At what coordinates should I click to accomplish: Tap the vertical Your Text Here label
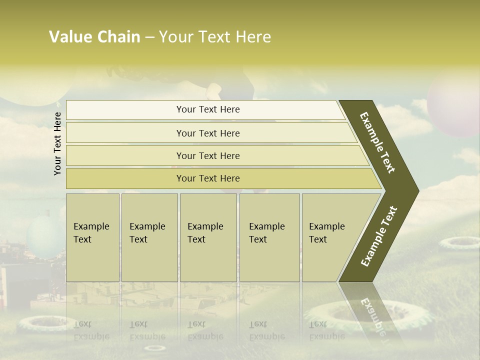click(x=57, y=143)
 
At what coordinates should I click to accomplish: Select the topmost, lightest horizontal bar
click(x=207, y=109)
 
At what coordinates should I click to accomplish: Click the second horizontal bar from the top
click(x=207, y=133)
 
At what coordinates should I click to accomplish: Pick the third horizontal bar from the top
click(x=207, y=155)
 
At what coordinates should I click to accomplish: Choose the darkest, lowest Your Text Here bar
click(x=207, y=178)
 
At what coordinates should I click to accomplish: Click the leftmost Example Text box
click(x=92, y=237)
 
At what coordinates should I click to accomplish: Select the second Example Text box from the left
click(x=149, y=237)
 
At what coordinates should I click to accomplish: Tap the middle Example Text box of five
click(x=208, y=237)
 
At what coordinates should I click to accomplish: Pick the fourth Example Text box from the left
click(x=269, y=237)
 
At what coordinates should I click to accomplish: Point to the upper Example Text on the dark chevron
click(x=377, y=142)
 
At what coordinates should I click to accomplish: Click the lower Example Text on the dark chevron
click(x=378, y=236)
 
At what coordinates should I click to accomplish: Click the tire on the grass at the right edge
click(x=459, y=243)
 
